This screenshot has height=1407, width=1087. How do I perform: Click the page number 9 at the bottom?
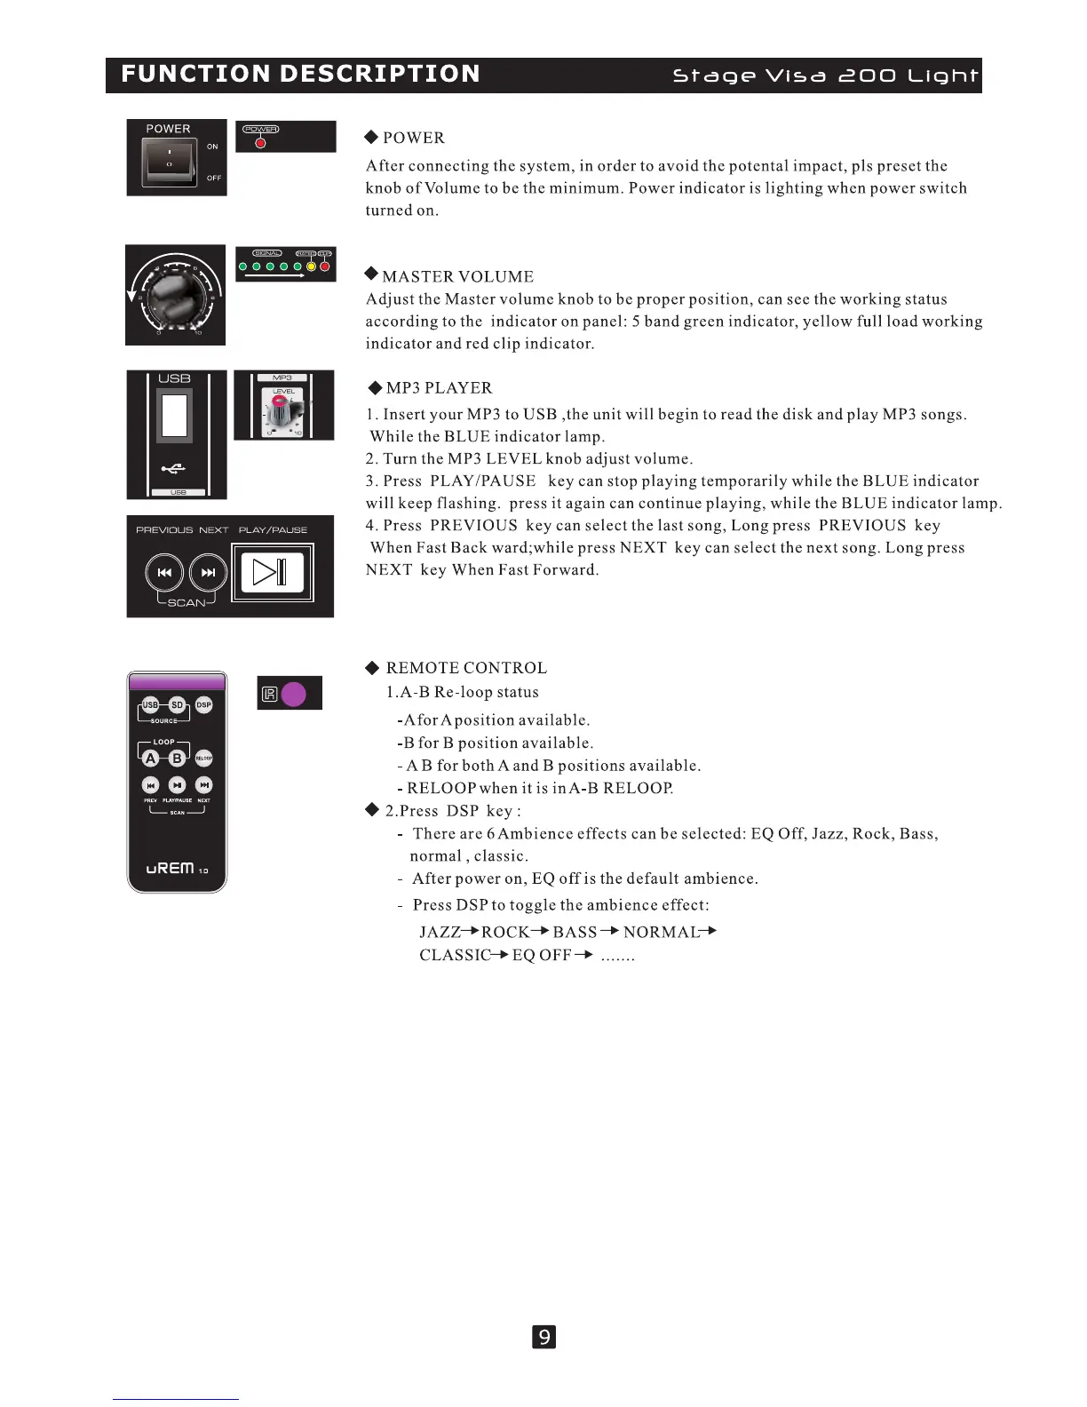tap(543, 1337)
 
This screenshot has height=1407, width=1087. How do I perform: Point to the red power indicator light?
tap(260, 143)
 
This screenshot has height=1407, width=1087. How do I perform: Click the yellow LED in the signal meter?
tap(311, 266)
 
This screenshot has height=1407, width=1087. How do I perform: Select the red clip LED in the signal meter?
tap(325, 266)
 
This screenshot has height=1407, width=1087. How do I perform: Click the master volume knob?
tap(175, 296)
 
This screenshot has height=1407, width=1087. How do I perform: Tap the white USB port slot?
tap(174, 415)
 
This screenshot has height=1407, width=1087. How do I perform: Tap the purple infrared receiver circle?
tap(293, 694)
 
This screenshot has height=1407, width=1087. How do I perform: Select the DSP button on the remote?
tap(204, 705)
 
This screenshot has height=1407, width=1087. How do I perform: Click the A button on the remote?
tap(151, 758)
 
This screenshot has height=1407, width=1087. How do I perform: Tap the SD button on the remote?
tap(178, 705)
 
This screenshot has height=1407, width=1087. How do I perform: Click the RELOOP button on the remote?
tap(204, 758)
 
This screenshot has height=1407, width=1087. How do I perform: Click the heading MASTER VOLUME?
tap(457, 277)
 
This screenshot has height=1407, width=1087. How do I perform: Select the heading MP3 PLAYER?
tap(439, 388)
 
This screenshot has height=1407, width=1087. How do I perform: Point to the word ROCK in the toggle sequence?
tap(505, 932)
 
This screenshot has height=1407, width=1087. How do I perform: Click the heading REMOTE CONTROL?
tap(466, 668)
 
